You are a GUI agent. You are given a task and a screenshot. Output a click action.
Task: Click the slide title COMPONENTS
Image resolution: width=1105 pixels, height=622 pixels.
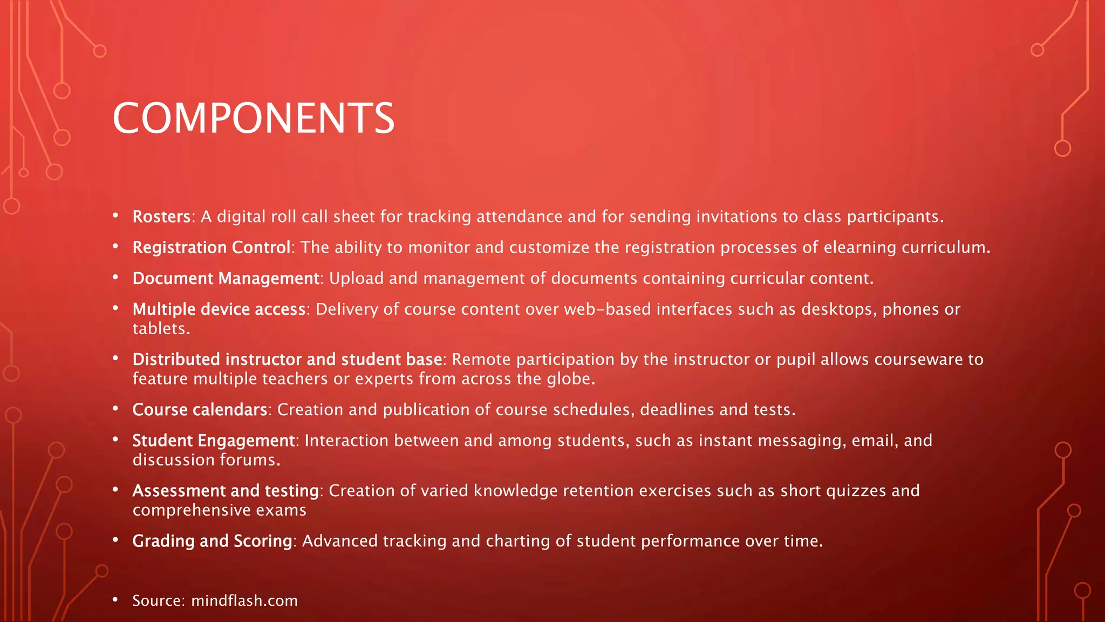[x=254, y=118]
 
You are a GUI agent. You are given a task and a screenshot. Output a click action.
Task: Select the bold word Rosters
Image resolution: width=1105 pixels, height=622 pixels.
[x=161, y=217]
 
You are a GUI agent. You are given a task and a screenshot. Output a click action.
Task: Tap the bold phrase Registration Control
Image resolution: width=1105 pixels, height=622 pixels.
[x=212, y=247]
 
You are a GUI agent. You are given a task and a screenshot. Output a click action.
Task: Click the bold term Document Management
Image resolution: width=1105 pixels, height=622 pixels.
[x=226, y=278]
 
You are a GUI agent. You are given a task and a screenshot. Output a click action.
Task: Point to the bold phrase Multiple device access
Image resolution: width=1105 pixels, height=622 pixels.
[x=219, y=309]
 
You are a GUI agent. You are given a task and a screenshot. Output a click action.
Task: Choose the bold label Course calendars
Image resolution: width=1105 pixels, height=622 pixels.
[x=200, y=409]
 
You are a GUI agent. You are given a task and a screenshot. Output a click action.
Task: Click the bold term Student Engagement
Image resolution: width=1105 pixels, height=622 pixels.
[x=214, y=440]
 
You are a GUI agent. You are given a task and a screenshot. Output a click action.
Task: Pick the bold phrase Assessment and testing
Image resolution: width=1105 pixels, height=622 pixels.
[x=226, y=490]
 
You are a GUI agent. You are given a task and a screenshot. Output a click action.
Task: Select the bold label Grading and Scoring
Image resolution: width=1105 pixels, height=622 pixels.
[x=212, y=540]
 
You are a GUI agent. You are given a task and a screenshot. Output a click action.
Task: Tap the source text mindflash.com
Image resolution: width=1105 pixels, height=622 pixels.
[x=244, y=600]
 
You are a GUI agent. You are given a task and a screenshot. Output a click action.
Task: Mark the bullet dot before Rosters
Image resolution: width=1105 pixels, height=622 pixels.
[x=115, y=215]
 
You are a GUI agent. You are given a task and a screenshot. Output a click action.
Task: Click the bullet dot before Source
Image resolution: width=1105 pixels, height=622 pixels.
[x=115, y=599]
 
